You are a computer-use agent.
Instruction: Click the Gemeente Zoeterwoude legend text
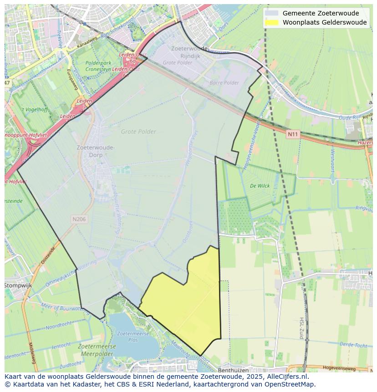(321, 13)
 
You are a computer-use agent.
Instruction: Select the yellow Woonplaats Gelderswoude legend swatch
(272, 22)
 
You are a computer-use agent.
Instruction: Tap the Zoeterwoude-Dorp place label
(96, 151)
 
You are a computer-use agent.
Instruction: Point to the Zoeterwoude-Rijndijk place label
(190, 51)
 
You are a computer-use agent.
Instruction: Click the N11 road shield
(292, 134)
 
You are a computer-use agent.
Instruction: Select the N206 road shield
(79, 219)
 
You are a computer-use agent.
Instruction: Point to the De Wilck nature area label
(260, 186)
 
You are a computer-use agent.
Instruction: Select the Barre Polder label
(224, 83)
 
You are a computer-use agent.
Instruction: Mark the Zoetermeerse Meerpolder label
(97, 349)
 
